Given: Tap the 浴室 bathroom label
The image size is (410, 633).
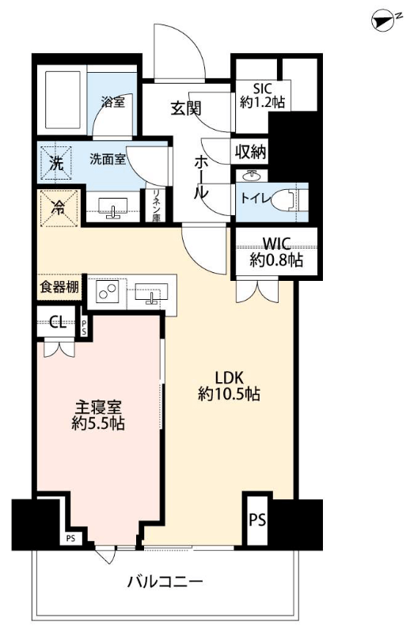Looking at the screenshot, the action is [x=112, y=103].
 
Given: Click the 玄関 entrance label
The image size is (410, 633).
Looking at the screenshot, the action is [x=186, y=108].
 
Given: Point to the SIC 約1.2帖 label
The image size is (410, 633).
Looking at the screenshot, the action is [x=263, y=95].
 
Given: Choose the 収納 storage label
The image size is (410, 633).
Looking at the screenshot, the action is [x=251, y=152].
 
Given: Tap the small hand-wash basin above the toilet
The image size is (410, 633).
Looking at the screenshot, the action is [x=252, y=176].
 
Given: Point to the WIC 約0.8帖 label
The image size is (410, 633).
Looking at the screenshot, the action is [x=276, y=252].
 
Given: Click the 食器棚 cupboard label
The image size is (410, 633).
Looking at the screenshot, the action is [x=59, y=287].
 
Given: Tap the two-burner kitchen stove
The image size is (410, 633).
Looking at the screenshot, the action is [x=107, y=291].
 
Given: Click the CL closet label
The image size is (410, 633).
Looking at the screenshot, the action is [x=58, y=322].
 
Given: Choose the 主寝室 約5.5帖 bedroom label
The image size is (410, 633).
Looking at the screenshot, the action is [x=98, y=415].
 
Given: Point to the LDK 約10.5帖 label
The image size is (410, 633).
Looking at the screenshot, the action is [x=229, y=386].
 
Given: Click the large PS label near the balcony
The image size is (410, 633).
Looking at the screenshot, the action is [x=257, y=520].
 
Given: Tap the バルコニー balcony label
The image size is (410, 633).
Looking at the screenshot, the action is [x=165, y=582].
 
